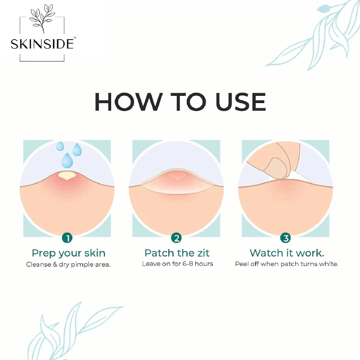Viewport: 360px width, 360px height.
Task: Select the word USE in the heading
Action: tap(240, 102)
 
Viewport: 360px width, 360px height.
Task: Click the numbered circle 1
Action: tap(67, 237)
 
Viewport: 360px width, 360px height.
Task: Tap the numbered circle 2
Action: tap(176, 237)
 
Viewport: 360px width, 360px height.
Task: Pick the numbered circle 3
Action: tap(285, 237)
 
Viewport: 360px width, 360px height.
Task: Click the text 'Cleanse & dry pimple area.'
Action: tap(68, 264)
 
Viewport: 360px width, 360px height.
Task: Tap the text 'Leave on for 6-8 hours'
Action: tap(177, 264)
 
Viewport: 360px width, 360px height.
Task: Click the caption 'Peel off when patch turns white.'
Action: tap(287, 264)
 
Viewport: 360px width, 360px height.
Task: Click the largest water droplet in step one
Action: tap(67, 159)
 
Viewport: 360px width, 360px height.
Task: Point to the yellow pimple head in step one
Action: tap(67, 175)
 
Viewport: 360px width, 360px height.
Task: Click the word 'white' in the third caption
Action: tap(328, 264)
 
